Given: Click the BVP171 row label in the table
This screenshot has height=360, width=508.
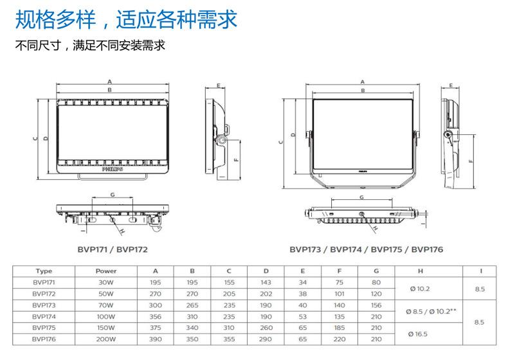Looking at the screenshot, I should [x=44, y=282].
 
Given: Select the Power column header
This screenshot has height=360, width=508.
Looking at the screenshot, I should [x=105, y=271].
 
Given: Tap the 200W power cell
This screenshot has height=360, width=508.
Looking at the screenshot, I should [x=105, y=339].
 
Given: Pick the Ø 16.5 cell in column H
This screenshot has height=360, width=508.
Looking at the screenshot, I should [x=419, y=334].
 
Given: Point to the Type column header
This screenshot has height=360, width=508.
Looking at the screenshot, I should [x=44, y=271].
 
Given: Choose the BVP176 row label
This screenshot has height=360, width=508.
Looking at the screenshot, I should [x=44, y=339].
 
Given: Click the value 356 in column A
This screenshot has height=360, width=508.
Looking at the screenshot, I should [x=155, y=316].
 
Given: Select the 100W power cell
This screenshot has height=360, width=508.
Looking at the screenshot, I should [x=105, y=316].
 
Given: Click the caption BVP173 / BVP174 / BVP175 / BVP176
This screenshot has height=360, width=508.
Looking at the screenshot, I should [x=366, y=248].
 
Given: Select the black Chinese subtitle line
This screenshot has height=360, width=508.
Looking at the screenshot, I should [x=90, y=46].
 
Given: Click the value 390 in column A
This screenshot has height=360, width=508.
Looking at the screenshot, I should [x=155, y=339].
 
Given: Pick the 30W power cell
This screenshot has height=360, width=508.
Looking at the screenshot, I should [x=105, y=282].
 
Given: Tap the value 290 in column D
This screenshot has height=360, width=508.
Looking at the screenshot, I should [x=266, y=339].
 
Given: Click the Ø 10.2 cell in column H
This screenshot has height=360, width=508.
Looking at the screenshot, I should [x=419, y=288].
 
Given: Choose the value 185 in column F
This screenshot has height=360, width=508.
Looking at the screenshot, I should [x=340, y=328].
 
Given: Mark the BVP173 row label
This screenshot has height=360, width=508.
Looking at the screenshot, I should [x=44, y=305].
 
